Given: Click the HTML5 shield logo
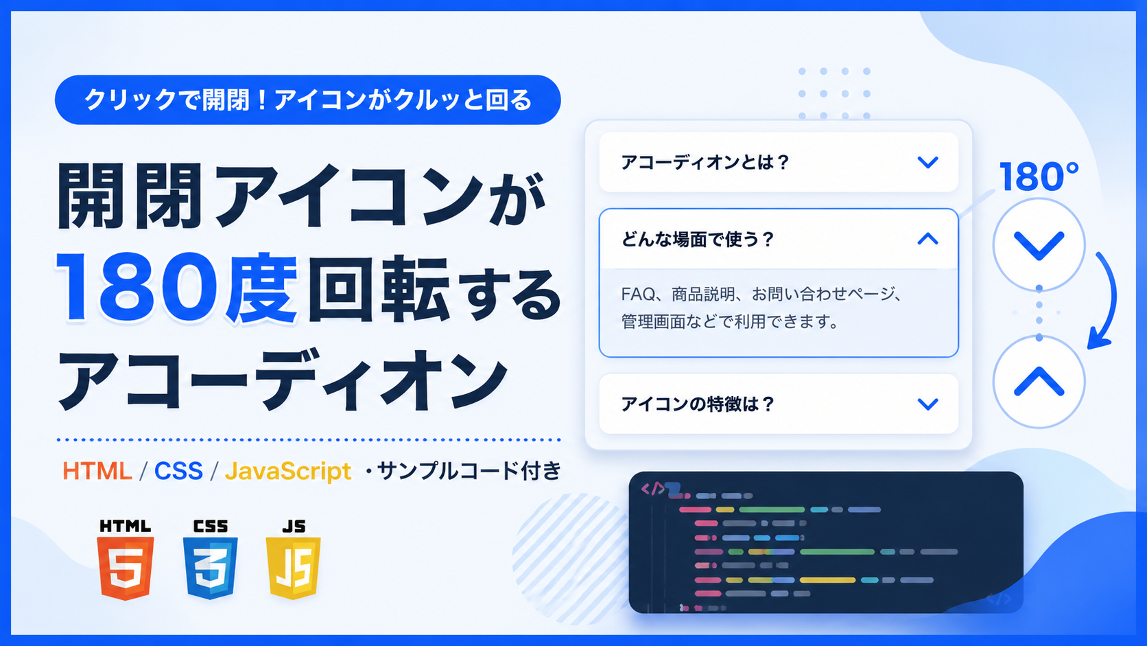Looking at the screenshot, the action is point(126,568).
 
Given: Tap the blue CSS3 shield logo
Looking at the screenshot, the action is point(210,568).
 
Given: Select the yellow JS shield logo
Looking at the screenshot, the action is point(294,568).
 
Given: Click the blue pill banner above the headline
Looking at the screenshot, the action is point(308,100).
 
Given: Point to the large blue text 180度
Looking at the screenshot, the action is point(177,288).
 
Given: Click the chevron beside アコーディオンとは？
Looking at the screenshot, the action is point(927,163).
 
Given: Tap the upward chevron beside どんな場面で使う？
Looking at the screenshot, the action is point(927,239).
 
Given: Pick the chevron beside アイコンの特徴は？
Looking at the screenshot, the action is point(927,404).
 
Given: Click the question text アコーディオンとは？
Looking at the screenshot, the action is point(705,163).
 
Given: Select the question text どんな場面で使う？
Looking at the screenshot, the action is point(698,239).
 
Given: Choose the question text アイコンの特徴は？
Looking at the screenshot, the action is point(698,404).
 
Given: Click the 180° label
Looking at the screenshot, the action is point(1039,176).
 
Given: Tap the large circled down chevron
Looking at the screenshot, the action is point(1039,245).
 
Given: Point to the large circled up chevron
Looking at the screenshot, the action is point(1039,382).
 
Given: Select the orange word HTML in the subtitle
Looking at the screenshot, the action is point(97,471).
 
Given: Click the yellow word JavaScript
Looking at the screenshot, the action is point(288,472).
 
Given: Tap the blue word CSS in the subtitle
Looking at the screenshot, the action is point(179,471).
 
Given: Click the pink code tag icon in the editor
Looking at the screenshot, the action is point(653,489).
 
